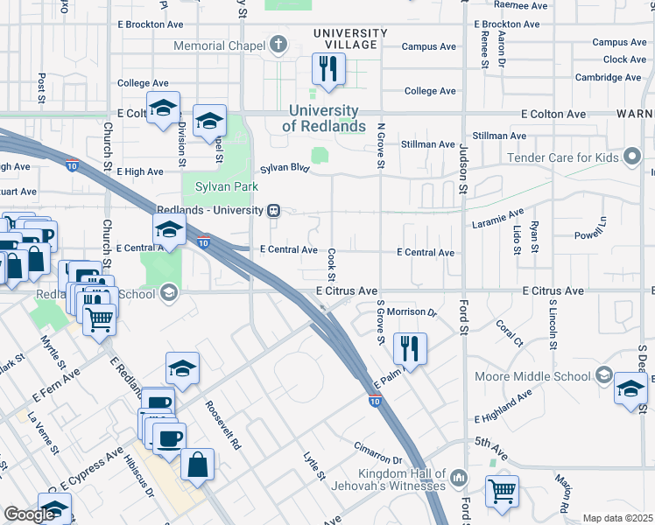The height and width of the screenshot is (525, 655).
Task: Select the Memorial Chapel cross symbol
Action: point(278,45)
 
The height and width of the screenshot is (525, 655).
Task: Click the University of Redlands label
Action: point(323,119)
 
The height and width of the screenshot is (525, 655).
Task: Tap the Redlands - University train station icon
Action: point(274,210)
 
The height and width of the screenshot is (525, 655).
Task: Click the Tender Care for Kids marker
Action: point(630,158)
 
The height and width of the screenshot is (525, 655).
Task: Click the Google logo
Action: point(29,514)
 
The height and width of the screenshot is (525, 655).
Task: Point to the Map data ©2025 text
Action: point(617,518)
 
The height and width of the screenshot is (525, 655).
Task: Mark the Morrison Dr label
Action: point(412,312)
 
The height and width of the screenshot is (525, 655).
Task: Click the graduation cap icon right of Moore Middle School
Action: point(630,388)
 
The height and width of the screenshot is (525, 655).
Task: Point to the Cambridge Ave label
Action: point(610,77)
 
